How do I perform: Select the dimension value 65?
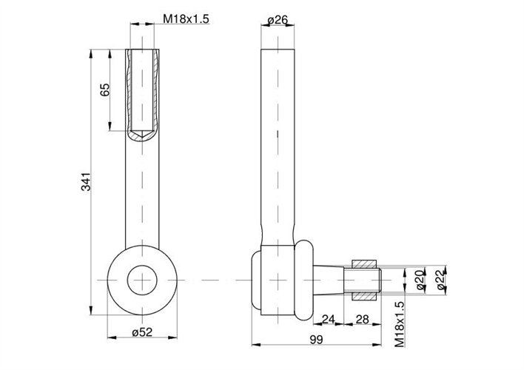tap(104, 90)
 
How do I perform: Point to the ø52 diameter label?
tap(142, 332)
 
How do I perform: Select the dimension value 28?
tap(363, 320)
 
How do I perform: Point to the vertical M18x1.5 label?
tap(400, 324)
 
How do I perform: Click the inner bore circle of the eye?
tap(142, 280)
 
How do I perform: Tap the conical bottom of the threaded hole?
tap(142, 134)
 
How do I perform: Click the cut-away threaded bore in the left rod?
tap(142, 89)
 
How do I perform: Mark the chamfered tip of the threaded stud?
tap(379, 280)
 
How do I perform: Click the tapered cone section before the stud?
tap(330, 280)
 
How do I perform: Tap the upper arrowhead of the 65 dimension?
tap(110, 52)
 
